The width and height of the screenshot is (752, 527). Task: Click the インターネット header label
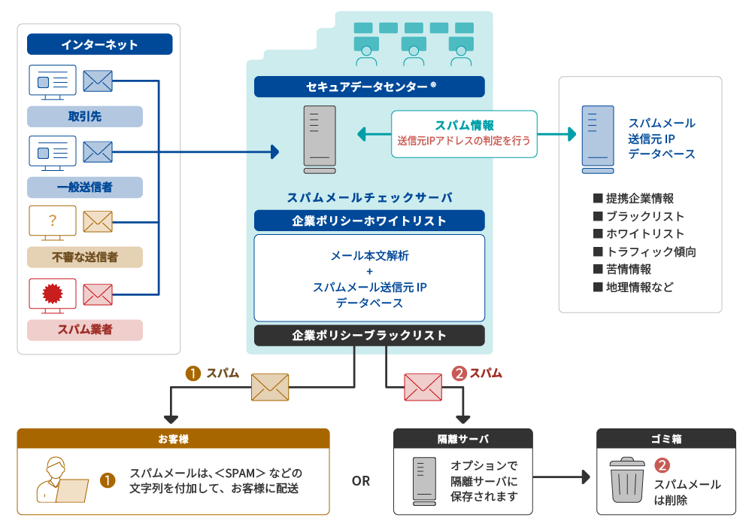coord(99,44)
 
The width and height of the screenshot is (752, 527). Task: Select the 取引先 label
coord(84,117)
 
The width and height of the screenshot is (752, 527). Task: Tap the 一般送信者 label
coord(84,187)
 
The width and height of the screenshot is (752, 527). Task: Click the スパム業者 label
coord(84,330)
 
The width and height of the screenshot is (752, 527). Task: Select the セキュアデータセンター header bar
coord(369,87)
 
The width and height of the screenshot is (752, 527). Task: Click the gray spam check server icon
coord(320,136)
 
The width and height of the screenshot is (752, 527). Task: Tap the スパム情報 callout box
coord(464,133)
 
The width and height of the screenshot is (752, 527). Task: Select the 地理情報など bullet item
coord(633,287)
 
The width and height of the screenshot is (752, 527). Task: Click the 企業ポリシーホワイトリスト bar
coord(369,221)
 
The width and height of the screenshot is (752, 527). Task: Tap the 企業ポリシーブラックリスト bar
coord(369,335)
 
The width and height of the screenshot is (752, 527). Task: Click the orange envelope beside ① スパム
coord(270,387)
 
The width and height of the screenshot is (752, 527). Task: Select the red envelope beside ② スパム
coord(423,387)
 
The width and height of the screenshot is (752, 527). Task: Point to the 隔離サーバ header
coord(463,438)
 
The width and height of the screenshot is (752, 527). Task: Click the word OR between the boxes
coord(361,480)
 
